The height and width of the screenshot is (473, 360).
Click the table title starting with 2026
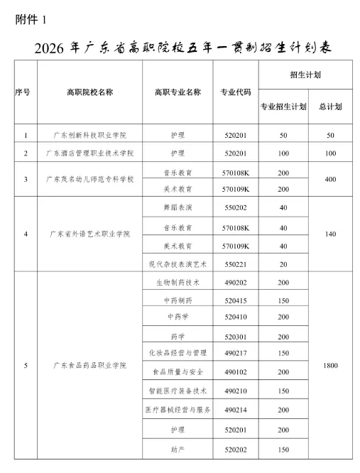[182, 48]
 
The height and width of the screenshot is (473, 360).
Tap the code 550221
[234, 263]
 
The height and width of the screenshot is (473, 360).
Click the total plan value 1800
[330, 365]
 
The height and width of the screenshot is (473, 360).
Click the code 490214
[234, 411]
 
